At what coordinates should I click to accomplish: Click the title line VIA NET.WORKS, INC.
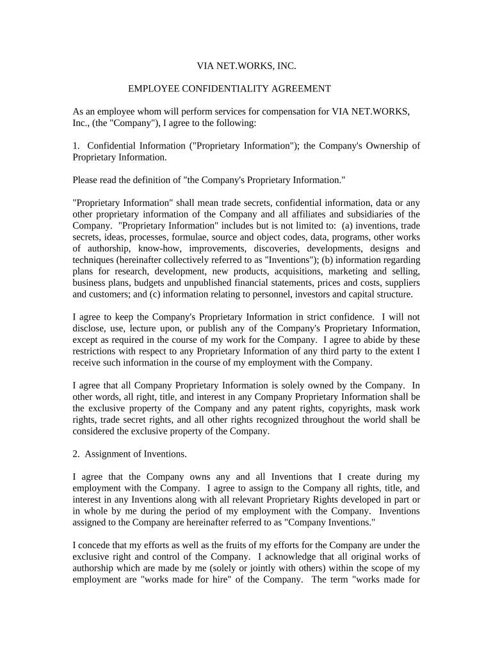click(246, 65)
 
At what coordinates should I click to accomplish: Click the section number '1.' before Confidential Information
click(76, 146)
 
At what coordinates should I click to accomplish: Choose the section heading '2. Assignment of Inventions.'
click(130, 454)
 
